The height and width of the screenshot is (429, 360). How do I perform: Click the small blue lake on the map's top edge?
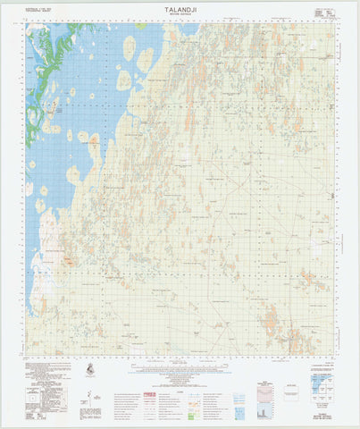click(188, 29)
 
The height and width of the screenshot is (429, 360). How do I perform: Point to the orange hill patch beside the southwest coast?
click(68, 260)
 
